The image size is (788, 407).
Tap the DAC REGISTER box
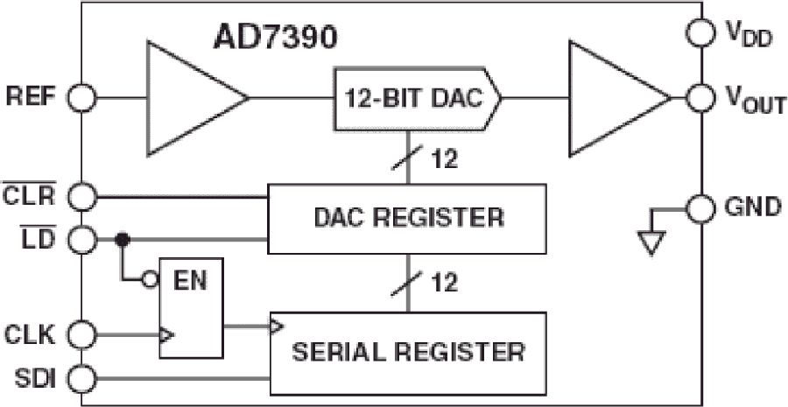(x=406, y=216)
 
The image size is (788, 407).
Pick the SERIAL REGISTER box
(x=407, y=352)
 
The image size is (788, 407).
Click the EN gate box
(x=190, y=307)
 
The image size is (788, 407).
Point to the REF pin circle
(x=81, y=96)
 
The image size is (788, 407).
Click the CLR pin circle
(x=81, y=196)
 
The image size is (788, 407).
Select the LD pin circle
(x=81, y=237)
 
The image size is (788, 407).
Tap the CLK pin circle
(x=81, y=333)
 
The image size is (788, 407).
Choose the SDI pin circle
(x=81, y=378)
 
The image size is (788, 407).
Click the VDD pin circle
(x=700, y=34)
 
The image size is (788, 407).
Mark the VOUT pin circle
(x=700, y=96)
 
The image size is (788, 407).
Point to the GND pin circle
(x=700, y=208)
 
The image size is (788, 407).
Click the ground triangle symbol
(x=649, y=242)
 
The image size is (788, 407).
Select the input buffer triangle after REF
(x=188, y=96)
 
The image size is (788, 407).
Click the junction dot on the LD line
(x=123, y=237)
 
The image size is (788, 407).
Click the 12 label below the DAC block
(x=444, y=160)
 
